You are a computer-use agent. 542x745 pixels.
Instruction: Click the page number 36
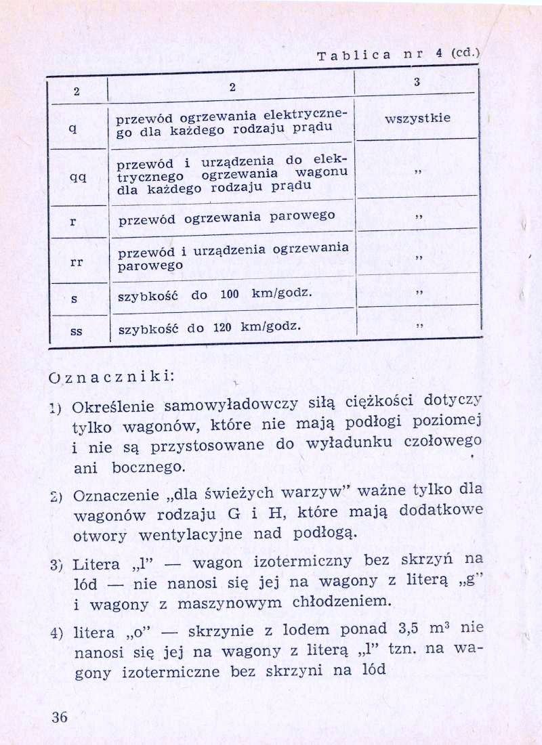[60, 718]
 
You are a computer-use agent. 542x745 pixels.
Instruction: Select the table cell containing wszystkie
[417, 119]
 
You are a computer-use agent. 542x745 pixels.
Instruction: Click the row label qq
[77, 175]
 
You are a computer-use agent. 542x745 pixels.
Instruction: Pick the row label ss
[77, 332]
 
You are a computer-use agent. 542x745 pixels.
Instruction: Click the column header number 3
[417, 82]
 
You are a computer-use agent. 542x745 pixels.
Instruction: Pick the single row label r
[73, 221]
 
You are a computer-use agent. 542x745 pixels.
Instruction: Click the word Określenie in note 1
[114, 408]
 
